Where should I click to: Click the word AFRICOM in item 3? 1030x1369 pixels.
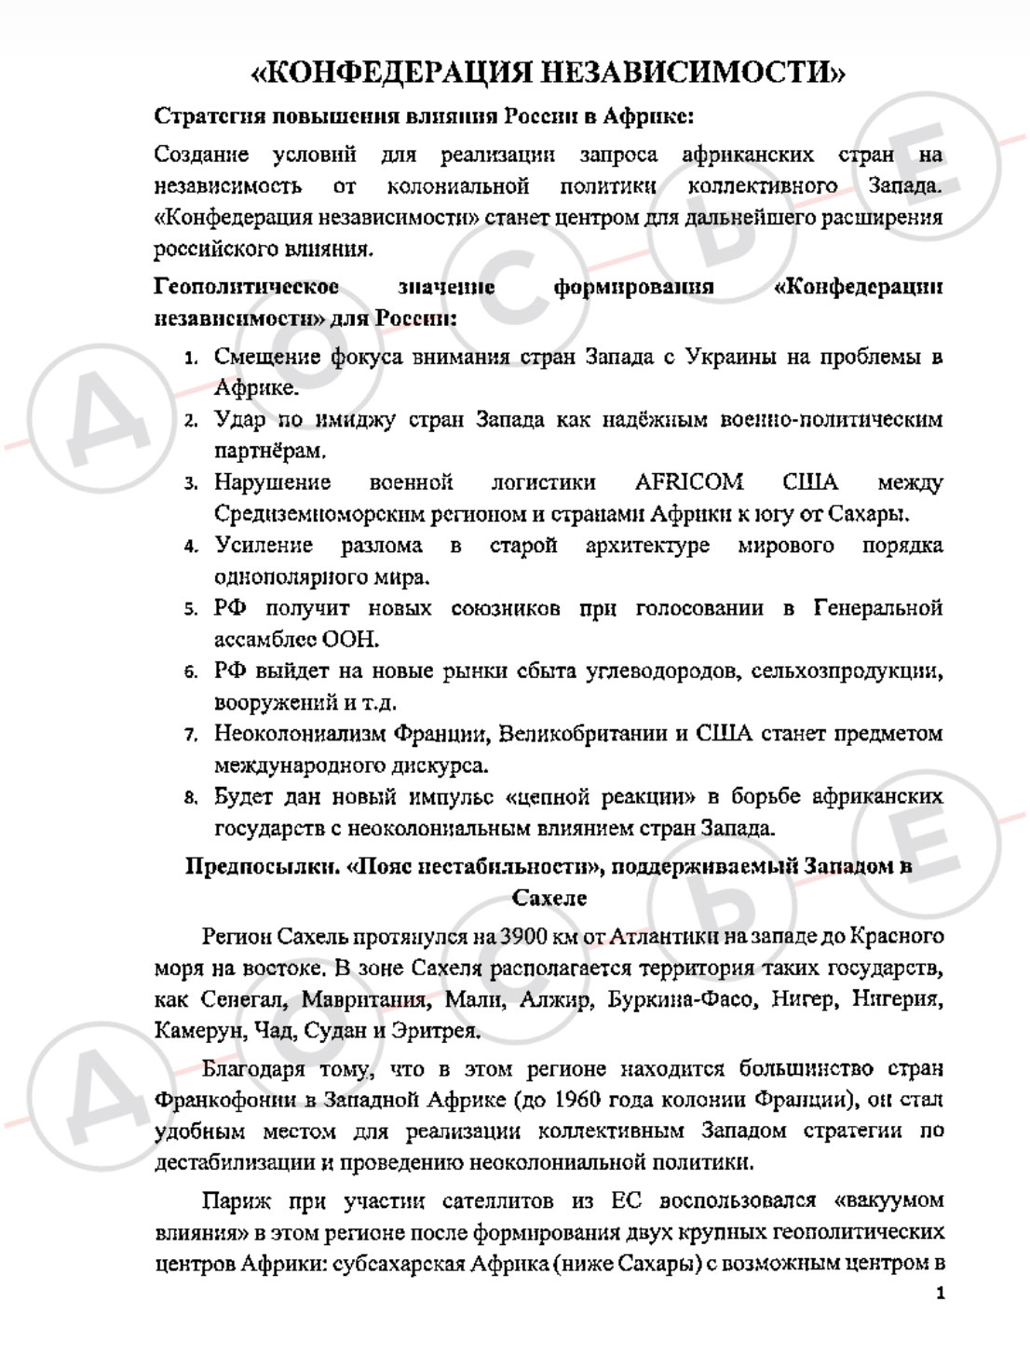click(x=689, y=482)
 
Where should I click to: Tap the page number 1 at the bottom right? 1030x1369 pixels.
click(x=941, y=1294)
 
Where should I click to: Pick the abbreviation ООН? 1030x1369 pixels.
click(x=352, y=640)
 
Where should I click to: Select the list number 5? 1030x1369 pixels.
click(x=191, y=610)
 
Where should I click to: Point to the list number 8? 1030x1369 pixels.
click(x=191, y=798)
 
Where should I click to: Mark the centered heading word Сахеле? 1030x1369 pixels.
click(x=549, y=898)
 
